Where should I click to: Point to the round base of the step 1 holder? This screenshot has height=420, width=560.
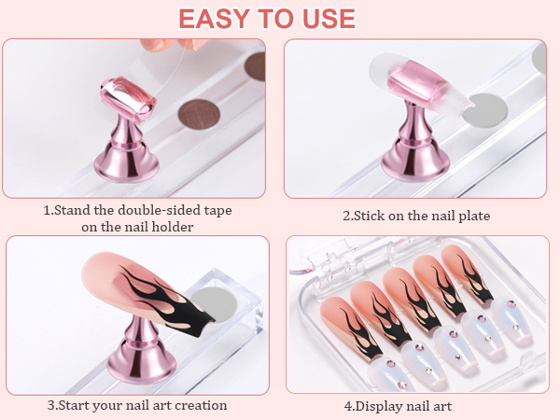(x=122, y=171)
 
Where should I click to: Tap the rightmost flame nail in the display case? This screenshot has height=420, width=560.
(x=470, y=274)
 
